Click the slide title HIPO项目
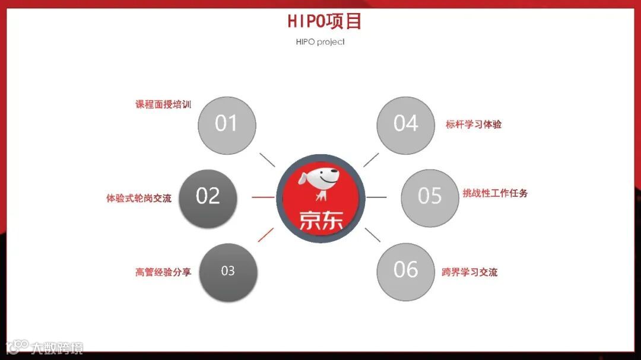click(325, 21)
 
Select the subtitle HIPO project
click(320, 42)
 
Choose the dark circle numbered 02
click(208, 196)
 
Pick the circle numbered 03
click(228, 271)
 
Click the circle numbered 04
click(406, 124)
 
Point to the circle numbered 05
click(430, 196)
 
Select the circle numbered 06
click(406, 270)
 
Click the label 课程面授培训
click(163, 105)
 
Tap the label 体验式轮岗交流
click(139, 198)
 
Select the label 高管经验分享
click(163, 273)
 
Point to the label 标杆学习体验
click(474, 125)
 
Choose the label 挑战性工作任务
click(495, 193)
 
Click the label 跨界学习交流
click(469, 273)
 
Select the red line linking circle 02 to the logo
click(263, 197)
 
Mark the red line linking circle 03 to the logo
click(266, 234)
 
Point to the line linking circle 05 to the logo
click(376, 197)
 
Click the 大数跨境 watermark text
click(57, 348)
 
